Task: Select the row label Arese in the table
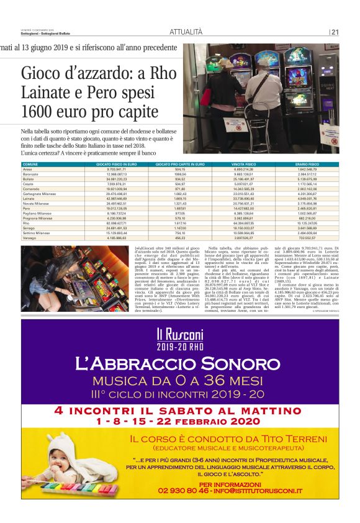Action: (27, 169)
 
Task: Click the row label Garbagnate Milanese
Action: (40, 194)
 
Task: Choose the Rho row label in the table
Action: (26, 222)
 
